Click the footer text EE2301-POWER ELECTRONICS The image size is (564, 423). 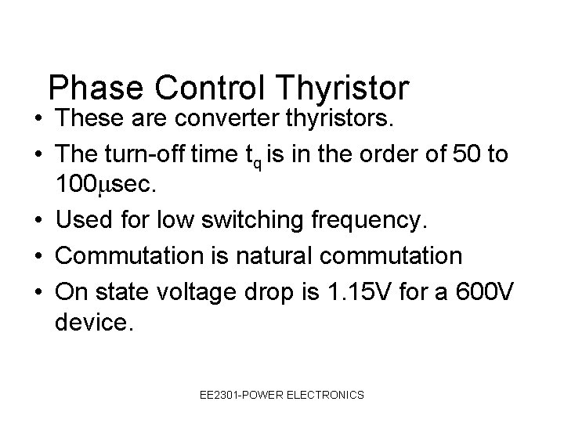tap(281, 396)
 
